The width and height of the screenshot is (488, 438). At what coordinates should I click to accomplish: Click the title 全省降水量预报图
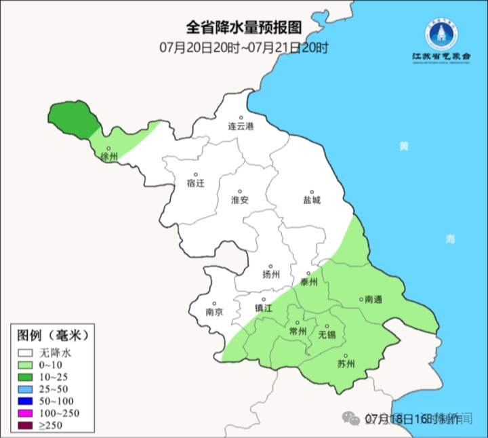pos(244,27)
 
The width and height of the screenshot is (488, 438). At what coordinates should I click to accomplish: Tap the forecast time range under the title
pos(244,47)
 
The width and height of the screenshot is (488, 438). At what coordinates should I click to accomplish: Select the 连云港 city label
pos(240,127)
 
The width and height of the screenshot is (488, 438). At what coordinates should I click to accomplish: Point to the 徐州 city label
pos(108,157)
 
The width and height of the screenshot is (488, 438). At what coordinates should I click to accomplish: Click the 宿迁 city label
pos(195,183)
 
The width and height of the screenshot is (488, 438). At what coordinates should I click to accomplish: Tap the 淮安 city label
pos(240,200)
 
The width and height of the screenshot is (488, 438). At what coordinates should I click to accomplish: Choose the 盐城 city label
pos(312,200)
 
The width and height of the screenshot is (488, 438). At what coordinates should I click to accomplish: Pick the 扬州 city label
pos(270,275)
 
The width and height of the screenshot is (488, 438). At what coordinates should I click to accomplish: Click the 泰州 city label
pos(308,282)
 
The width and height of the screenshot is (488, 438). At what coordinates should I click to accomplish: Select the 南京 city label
pos(214,313)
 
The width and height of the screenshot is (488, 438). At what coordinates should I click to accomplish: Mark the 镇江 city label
pos(263,307)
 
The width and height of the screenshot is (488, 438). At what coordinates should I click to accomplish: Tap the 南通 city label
pos(373,299)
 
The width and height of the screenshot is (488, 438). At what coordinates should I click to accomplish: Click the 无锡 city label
pos(327,335)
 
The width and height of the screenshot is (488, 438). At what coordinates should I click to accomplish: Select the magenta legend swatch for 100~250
pos(26,413)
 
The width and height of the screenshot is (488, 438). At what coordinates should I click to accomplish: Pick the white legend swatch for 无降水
pos(26,353)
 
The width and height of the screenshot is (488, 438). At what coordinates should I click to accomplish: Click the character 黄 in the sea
pos(404,146)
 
